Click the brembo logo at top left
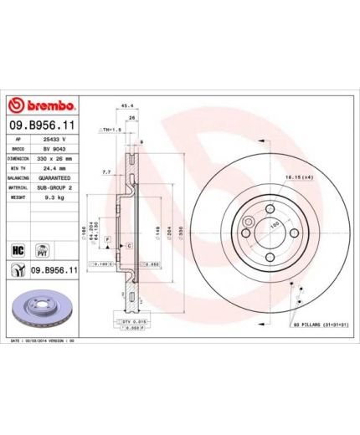[x=42, y=106]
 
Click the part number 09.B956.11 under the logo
[x=42, y=125]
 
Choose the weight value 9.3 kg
[x=57, y=197]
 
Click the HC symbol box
[x=18, y=250]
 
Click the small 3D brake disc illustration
[x=38, y=309]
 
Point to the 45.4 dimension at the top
[x=128, y=106]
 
